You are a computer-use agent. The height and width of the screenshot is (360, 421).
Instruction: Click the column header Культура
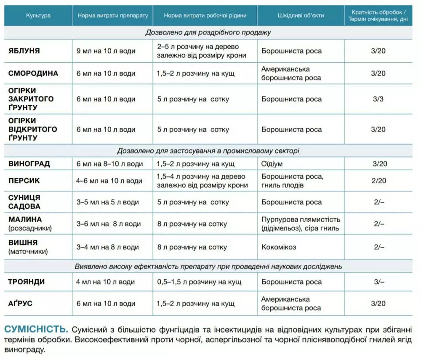click(x=38, y=16)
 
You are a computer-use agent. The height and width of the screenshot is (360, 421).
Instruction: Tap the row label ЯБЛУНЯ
click(x=24, y=51)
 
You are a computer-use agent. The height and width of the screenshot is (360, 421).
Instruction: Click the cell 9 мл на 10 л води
click(x=106, y=51)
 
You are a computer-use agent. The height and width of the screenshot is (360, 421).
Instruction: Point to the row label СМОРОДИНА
click(x=33, y=74)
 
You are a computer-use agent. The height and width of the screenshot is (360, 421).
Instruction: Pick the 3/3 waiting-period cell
click(x=378, y=99)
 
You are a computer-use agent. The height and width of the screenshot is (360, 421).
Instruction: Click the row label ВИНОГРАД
click(x=29, y=164)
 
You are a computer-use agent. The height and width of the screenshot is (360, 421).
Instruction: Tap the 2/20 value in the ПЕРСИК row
click(x=378, y=181)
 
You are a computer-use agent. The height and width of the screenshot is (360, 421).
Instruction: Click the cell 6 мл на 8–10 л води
click(x=110, y=164)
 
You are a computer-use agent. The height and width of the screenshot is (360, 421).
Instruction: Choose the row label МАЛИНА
click(x=25, y=220)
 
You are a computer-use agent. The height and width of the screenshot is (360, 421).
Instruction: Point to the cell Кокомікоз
click(x=279, y=247)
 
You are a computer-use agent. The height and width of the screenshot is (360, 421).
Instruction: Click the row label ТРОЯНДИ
click(x=27, y=282)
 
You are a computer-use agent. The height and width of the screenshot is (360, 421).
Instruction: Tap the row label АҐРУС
click(x=21, y=304)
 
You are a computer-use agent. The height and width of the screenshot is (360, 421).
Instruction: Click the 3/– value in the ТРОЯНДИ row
click(x=378, y=282)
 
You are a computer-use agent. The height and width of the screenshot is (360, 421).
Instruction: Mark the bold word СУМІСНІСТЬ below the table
click(x=36, y=328)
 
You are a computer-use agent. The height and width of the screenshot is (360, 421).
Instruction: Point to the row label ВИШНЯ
click(x=23, y=243)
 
